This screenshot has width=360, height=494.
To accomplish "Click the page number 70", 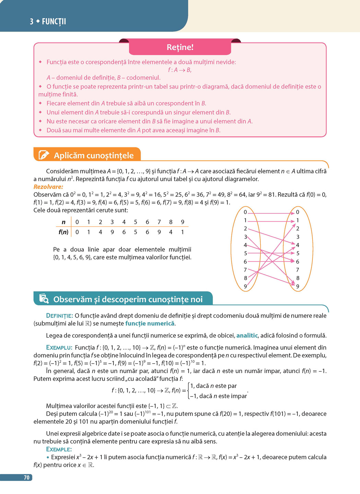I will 26,478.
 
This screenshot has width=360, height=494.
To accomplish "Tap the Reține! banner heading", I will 180,47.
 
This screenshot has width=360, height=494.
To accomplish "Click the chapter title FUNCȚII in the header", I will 54,22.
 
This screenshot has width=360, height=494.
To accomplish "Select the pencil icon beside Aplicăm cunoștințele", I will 44,155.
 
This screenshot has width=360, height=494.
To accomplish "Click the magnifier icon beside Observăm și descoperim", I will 44,299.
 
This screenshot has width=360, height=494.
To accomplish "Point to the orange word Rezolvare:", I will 48,187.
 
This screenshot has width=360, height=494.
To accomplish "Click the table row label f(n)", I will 63,232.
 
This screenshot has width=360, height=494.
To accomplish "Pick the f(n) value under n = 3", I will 112,232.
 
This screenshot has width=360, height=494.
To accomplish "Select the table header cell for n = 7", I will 159,222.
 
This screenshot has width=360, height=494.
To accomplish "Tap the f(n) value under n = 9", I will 183,232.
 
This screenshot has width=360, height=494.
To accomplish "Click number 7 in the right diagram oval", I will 298,270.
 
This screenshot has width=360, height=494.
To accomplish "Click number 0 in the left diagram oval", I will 245,212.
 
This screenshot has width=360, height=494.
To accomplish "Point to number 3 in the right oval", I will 298,237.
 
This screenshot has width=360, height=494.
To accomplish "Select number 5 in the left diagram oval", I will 245,253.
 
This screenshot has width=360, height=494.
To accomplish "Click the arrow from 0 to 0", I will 271,213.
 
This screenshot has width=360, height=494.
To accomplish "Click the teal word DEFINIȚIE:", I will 59,316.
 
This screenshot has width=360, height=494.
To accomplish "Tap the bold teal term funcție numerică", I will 150,323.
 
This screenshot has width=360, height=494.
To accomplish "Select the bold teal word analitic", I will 247,335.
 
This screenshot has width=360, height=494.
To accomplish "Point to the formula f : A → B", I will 180,70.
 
